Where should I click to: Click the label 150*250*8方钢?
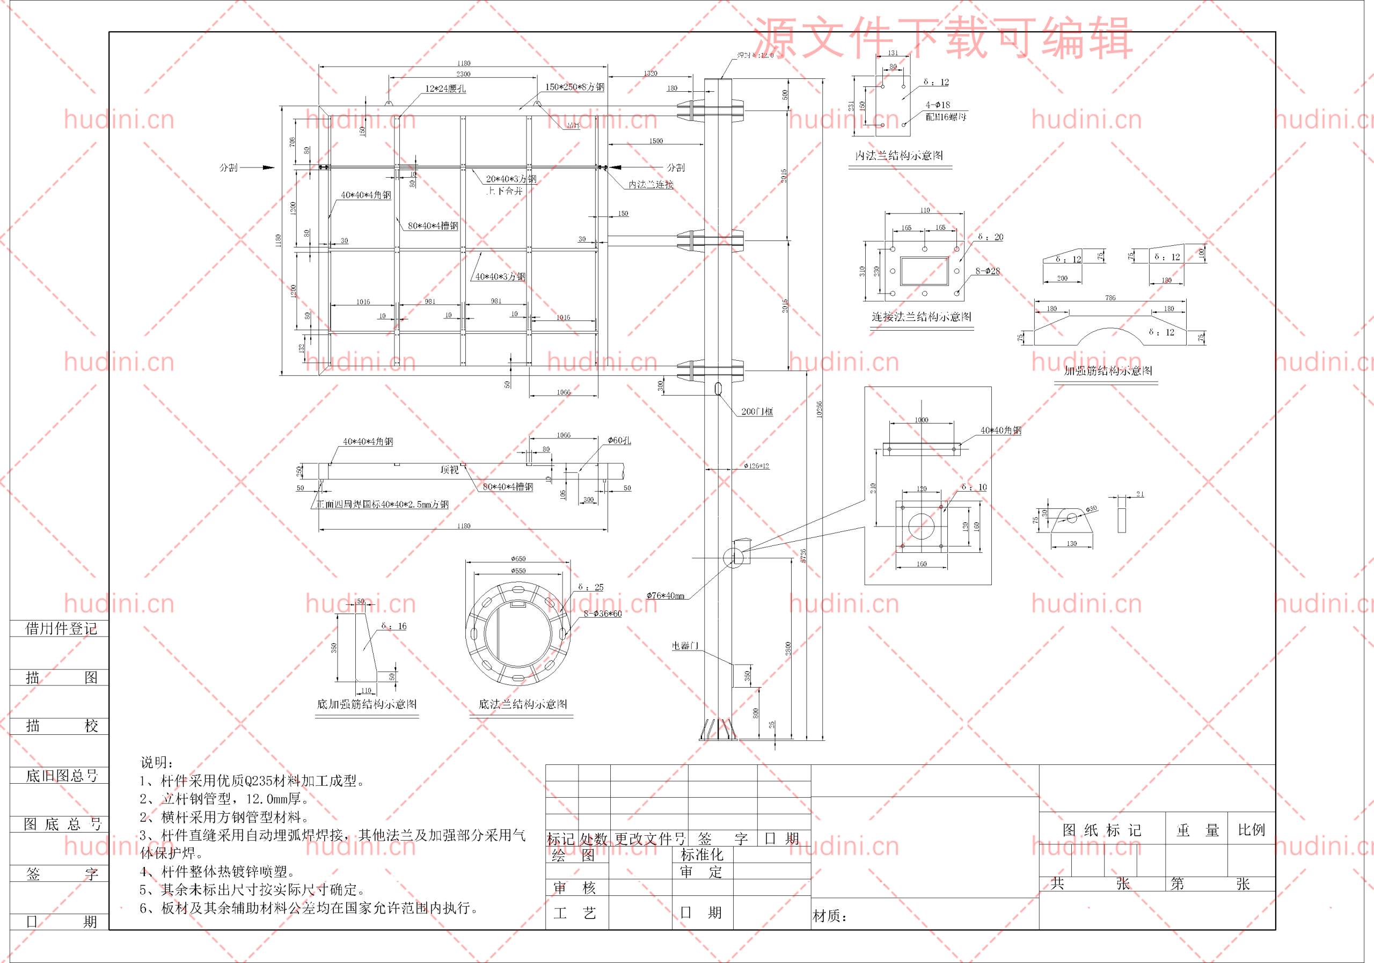click(x=574, y=87)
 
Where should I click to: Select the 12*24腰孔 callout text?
click(x=445, y=89)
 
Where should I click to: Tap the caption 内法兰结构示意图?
click(x=899, y=156)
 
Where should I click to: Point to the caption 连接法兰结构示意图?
click(x=921, y=317)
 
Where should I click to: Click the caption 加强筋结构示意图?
click(x=1108, y=371)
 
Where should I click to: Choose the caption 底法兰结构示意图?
click(x=522, y=704)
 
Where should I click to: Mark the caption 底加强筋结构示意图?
click(x=367, y=704)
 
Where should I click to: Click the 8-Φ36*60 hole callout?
click(x=603, y=614)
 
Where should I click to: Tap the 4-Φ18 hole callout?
click(x=938, y=105)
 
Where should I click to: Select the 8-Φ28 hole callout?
click(x=988, y=272)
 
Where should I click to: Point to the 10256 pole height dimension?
click(x=819, y=410)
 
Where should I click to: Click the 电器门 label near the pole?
click(x=685, y=646)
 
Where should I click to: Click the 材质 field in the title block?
click(x=829, y=916)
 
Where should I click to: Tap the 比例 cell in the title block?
click(x=1251, y=830)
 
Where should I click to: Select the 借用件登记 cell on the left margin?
click(x=61, y=629)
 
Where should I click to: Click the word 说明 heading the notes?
click(x=157, y=762)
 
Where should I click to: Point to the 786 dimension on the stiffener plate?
click(x=1110, y=298)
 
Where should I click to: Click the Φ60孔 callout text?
click(x=619, y=441)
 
